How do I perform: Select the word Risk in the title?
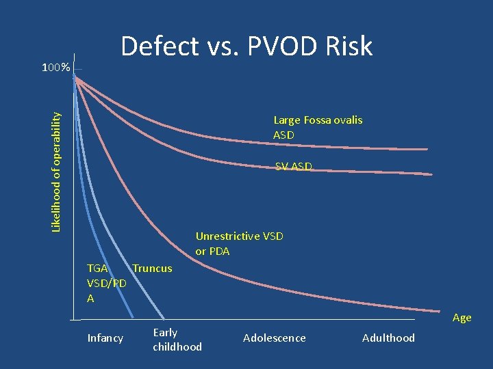349,46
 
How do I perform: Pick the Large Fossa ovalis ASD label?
318,127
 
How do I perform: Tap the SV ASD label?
294,166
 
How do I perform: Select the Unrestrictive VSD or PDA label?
239,243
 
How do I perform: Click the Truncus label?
152,268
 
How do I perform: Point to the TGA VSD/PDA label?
106,283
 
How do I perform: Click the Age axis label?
462,318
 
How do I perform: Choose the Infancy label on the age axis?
105,338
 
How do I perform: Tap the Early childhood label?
177,340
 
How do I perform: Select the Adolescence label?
275,338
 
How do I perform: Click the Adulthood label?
388,338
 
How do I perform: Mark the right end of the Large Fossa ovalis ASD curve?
427,149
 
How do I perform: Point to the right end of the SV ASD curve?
432,174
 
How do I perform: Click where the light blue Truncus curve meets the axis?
164,318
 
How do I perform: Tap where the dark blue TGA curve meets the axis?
134,318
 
